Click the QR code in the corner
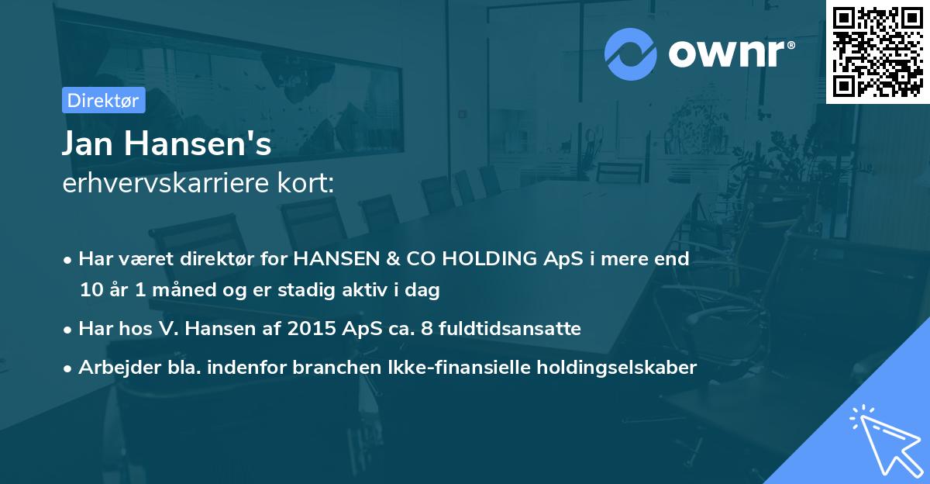tap(877, 51)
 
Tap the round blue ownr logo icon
tap(630, 54)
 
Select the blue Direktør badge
tap(103, 100)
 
